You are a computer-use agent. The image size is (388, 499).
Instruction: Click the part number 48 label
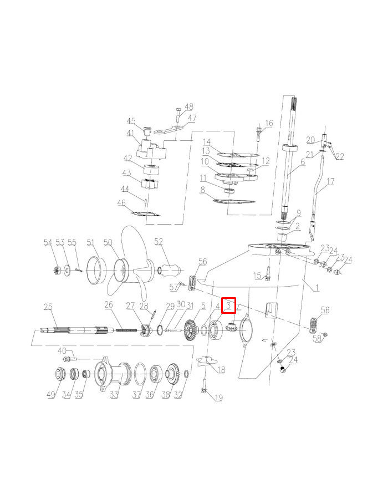[189, 106]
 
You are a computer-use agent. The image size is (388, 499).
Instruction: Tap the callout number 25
[48, 307]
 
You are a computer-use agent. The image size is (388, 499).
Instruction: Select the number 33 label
[114, 395]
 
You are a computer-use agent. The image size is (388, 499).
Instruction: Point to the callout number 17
[330, 181]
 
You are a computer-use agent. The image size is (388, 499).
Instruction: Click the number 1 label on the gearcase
[316, 288]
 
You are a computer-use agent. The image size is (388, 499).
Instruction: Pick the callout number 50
[108, 242]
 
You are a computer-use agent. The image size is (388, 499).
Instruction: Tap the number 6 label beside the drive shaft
[303, 162]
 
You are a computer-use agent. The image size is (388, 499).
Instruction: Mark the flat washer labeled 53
[66, 271]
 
